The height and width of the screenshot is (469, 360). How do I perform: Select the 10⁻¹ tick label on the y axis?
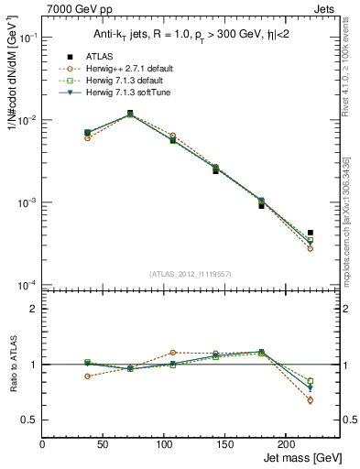27,38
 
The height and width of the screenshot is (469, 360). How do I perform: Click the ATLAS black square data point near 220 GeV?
311,233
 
